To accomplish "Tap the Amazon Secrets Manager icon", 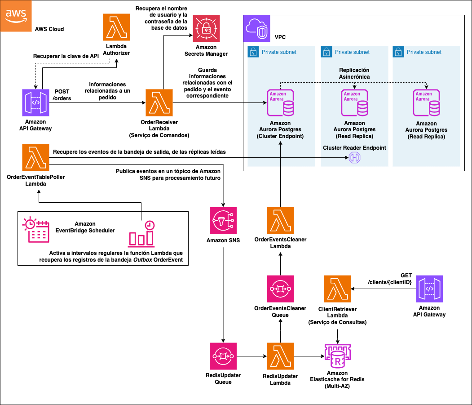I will point(206,28).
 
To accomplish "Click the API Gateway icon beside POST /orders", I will point(35,103).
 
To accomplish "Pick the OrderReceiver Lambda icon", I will point(159,103).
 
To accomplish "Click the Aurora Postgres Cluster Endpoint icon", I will point(280,103).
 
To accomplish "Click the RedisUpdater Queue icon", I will point(223,356).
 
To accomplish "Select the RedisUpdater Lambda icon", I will point(280,356).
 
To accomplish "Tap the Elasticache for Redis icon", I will point(337,356).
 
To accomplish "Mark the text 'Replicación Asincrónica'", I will point(354,74).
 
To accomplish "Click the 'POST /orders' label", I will point(62,95).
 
